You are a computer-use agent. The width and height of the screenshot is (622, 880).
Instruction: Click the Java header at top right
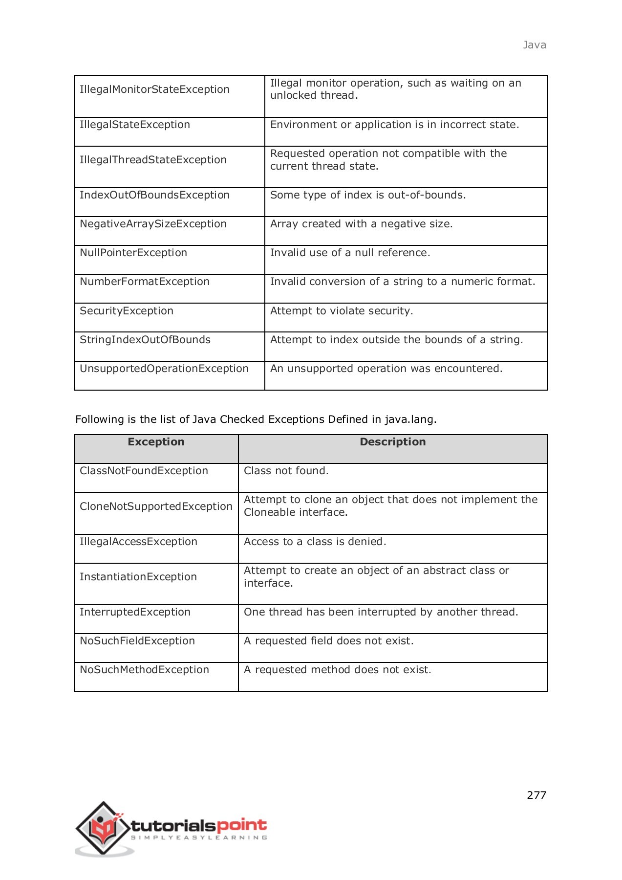534,45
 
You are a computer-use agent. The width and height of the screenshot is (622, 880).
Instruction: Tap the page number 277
536,795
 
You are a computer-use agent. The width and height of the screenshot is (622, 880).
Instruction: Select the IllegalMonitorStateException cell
154,89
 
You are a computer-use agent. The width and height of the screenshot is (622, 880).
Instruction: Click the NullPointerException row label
133,253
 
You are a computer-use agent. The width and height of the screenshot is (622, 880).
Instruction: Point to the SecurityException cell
127,311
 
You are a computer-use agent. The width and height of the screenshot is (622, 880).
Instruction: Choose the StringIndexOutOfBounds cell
145,340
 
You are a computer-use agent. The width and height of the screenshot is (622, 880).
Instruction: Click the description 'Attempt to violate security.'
342,311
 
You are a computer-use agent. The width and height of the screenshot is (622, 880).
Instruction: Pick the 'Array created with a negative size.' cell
362,224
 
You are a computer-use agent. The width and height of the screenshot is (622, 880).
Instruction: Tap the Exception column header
156,442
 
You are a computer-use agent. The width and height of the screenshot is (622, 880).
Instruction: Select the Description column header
392,442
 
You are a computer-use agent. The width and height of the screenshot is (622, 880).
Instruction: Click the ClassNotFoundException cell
144,471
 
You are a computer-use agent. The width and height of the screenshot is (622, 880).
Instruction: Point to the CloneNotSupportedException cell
156,506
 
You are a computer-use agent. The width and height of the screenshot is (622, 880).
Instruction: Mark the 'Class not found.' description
286,471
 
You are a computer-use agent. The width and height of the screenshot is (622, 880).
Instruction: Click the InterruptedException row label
135,612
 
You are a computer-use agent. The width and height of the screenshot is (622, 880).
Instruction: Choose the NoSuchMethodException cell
144,670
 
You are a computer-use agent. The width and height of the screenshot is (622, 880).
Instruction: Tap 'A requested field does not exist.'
328,641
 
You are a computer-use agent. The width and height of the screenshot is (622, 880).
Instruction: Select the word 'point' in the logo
241,826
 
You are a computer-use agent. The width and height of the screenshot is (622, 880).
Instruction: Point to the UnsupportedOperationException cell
164,369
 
